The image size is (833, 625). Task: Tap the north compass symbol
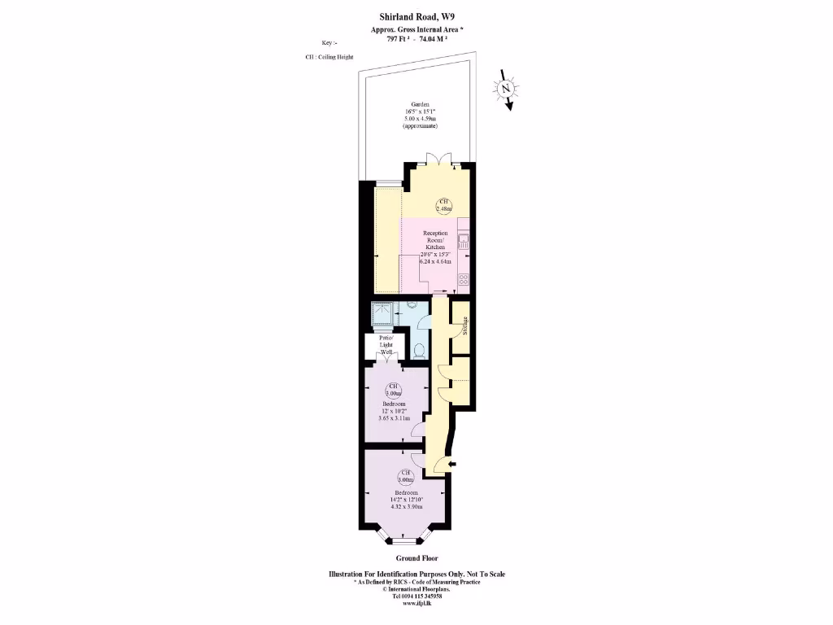coord(506,88)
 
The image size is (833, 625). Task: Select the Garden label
coord(419,104)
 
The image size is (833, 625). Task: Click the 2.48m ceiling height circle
coord(443,205)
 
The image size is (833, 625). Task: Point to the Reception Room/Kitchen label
coord(435,240)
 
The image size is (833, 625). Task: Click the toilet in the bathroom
coord(419,351)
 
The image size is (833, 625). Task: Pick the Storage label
coord(464,326)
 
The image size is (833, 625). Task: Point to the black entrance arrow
coord(453,465)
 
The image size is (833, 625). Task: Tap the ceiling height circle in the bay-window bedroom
coord(404,477)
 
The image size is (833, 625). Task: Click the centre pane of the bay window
coord(404,540)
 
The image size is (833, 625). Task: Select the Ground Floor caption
coord(416,558)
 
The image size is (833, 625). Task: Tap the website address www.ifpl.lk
coord(416,604)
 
